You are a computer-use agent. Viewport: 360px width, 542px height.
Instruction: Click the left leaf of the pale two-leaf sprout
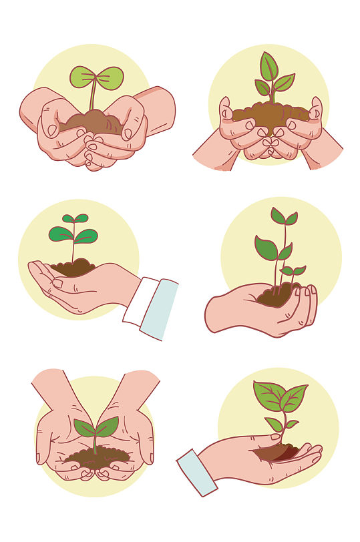coord(82,76)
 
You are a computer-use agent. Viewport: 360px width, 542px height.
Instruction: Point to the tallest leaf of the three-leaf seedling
coord(268,67)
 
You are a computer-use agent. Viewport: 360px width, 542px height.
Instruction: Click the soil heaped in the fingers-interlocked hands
coord(270,115)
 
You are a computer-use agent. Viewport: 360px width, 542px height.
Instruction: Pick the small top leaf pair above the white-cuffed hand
coord(75,218)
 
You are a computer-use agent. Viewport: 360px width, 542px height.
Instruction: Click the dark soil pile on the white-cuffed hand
coord(73,268)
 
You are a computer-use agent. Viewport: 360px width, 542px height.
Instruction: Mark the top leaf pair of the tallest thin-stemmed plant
coord(284,217)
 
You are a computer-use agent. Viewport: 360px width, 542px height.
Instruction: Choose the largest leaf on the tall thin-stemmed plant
coord(265,248)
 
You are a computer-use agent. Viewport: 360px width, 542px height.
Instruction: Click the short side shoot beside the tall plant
coord(293,271)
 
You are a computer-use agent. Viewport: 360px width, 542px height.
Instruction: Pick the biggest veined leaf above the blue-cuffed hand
coord(268,396)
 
